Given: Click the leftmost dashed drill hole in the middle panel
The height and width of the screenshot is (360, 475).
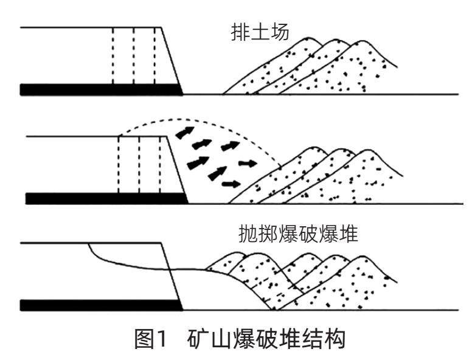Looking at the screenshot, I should click(119, 164).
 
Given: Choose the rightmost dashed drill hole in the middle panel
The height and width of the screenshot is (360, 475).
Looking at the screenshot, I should click(160, 164).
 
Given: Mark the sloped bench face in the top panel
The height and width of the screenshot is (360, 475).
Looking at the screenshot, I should click(172, 58).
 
